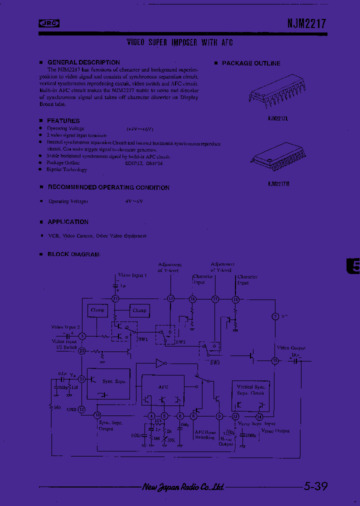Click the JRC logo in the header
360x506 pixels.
point(49,22)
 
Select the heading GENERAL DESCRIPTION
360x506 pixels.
point(83,62)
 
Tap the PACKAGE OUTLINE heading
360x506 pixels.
point(250,63)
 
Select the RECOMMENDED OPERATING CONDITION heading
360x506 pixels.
point(108,187)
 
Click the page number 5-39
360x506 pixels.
point(315,486)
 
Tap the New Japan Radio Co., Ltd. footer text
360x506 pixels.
point(183,486)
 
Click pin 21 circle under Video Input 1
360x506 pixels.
point(115,298)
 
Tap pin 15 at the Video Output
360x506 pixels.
point(274,360)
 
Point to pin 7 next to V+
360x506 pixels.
point(274,316)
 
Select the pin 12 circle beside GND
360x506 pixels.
point(82,408)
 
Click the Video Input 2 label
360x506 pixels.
point(65,327)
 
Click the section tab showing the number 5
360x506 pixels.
point(353,266)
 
